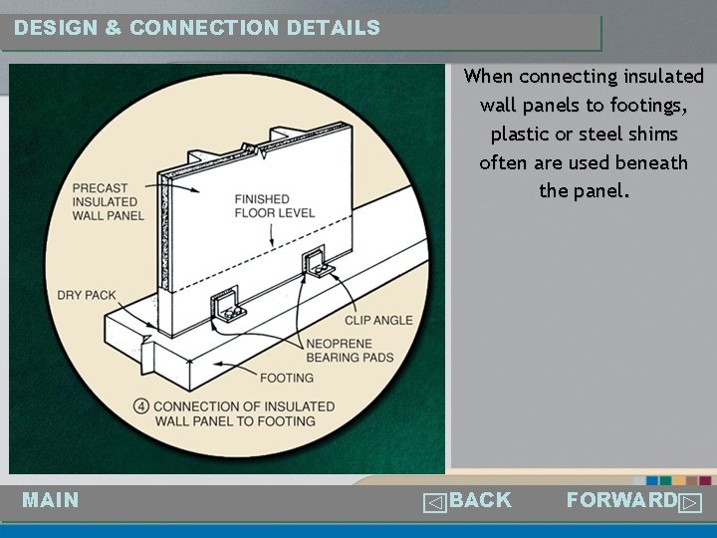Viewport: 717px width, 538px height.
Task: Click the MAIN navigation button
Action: point(51,500)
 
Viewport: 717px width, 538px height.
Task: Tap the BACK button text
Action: point(480,500)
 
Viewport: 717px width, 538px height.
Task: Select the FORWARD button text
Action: point(621,500)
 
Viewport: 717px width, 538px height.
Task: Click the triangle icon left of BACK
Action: point(433,503)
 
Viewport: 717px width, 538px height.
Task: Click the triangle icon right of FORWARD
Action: point(690,503)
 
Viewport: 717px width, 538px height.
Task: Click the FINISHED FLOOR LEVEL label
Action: point(275,206)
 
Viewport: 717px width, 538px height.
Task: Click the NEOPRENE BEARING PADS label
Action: point(350,351)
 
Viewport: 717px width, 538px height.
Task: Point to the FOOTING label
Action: point(286,378)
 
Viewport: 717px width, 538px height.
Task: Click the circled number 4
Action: point(141,406)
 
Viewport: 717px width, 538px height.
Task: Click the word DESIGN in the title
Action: point(56,28)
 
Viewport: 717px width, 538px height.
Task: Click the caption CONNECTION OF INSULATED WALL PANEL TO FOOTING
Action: point(244,413)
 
